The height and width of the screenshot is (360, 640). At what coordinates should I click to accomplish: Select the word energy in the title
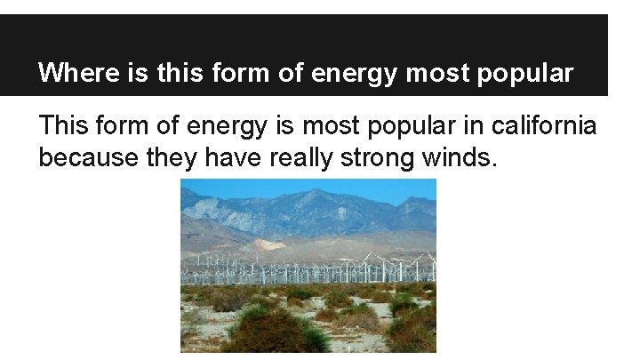coord(354,73)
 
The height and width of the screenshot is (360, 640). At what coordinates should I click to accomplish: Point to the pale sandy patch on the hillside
coord(268,244)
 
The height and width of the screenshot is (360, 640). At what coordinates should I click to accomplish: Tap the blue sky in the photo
coord(267,186)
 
